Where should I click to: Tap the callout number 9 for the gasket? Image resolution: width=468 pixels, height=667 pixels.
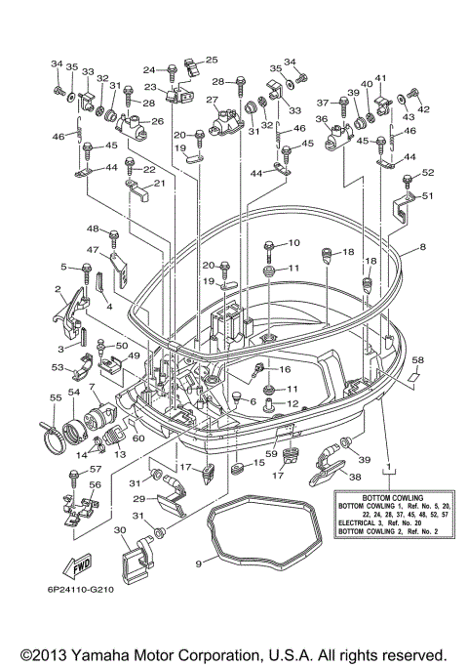198,563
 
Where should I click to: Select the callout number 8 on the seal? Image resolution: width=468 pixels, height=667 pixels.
422,247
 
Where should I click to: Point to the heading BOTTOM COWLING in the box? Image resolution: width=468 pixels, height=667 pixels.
392,498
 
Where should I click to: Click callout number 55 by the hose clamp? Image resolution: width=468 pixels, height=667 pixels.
56,397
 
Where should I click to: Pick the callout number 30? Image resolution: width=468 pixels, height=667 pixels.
120,530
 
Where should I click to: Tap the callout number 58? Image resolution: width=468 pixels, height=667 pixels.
418,360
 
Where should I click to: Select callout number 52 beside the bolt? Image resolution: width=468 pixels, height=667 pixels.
428,172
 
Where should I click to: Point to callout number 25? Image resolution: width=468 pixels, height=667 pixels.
212,60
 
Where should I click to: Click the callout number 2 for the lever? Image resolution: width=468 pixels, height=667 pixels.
58,290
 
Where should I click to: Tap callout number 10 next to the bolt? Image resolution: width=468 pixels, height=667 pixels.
293,242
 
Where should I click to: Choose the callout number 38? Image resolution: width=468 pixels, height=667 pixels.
355,477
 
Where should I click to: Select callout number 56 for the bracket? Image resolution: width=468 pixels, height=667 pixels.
96,484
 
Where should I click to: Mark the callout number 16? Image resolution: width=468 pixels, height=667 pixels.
285,369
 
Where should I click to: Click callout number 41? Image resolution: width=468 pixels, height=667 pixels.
380,78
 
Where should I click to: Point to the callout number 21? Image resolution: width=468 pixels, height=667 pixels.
159,183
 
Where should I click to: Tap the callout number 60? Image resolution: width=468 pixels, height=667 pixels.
138,438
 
